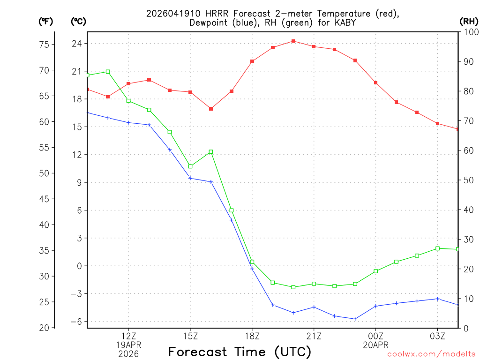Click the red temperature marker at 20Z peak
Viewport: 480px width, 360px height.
[x=293, y=41]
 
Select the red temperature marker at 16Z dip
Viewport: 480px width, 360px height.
[x=211, y=109]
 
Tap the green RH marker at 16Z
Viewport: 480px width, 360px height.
[x=211, y=152]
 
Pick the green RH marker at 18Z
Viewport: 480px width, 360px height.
[x=252, y=262]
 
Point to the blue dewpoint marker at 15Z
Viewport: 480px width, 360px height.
[x=190, y=178]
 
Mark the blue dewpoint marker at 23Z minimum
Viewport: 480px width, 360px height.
[x=355, y=319]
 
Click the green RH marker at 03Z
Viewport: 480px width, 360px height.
[x=437, y=248]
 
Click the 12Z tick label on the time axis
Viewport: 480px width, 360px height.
[x=128, y=336]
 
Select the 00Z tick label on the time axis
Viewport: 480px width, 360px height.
[x=375, y=336]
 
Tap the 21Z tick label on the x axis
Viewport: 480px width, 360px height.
[x=314, y=336]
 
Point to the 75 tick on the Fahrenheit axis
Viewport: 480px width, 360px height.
[x=44, y=45]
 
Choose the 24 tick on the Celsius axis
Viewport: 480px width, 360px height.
[x=76, y=44]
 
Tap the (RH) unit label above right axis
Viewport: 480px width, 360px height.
[x=469, y=21]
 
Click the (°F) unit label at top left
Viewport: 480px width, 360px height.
[x=45, y=21]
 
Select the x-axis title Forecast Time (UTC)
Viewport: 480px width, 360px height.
[x=240, y=352]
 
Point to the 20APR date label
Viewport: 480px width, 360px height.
[x=375, y=345]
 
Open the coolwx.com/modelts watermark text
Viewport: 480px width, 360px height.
[x=431, y=354]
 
